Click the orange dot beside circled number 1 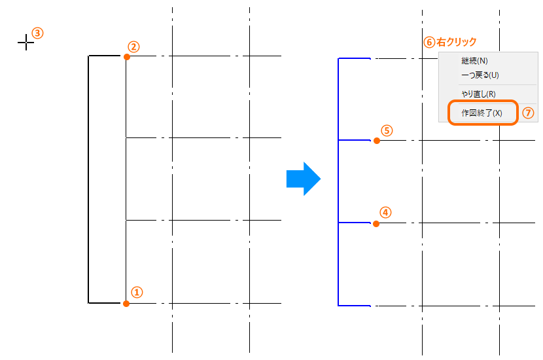[x=126, y=304]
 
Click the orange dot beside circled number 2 [x=127, y=57]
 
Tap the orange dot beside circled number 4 [x=376, y=224]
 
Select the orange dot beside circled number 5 [x=377, y=141]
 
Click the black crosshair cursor [x=26, y=43]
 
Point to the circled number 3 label [x=37, y=33]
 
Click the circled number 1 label [x=137, y=292]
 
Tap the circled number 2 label [x=133, y=46]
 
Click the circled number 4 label [x=385, y=212]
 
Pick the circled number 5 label [x=387, y=131]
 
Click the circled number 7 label [x=528, y=113]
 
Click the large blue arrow [x=304, y=179]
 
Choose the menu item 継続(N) [x=474, y=61]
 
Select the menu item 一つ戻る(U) [x=480, y=75]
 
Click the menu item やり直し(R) [x=478, y=94]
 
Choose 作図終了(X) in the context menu [x=482, y=113]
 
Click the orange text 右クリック [x=457, y=42]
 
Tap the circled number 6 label [x=429, y=43]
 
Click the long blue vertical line [x=338, y=182]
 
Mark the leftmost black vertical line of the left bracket [x=88, y=179]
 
